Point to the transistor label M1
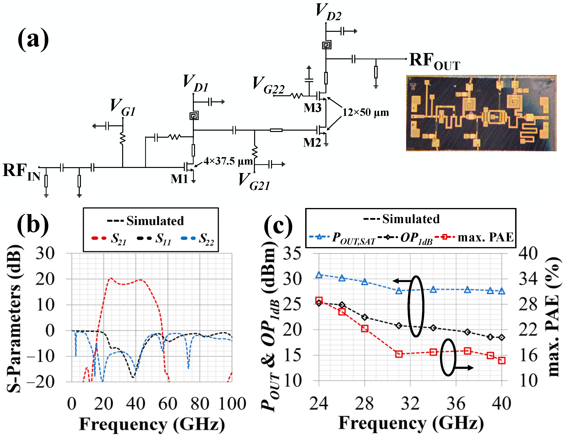(x=179, y=179)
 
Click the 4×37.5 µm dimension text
(x=228, y=161)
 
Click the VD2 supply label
(x=328, y=12)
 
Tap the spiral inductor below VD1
(x=194, y=116)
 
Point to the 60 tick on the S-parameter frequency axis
(x=168, y=404)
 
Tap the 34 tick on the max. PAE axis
(x=528, y=279)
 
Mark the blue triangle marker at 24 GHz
(x=319, y=275)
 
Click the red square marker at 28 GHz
(x=365, y=329)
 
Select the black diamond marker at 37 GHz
(x=467, y=332)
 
